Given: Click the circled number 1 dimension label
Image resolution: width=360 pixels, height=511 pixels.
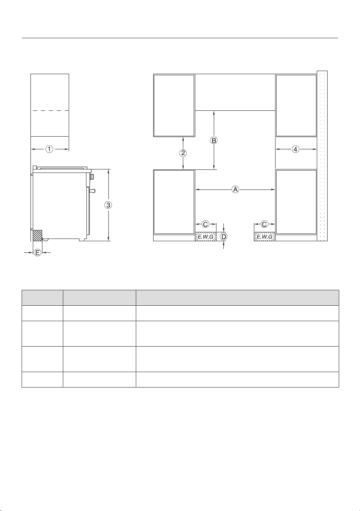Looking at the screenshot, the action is [49, 149].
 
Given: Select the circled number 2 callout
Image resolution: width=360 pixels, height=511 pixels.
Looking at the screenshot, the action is [183, 153].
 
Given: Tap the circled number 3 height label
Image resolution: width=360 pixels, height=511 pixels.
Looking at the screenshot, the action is [108, 205].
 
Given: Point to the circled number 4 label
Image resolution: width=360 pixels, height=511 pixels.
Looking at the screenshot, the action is [296, 149].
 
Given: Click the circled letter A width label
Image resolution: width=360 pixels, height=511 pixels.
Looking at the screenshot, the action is [235, 190].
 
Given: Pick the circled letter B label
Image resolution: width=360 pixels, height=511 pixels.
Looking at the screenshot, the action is [214, 140].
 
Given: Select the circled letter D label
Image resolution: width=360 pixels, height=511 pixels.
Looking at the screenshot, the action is [223, 237].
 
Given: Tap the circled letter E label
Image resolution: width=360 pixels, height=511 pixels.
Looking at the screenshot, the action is [37, 252].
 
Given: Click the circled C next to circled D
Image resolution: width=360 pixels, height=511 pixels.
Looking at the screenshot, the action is [205, 224].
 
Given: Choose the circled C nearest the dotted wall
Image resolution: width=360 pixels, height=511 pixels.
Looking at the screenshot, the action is [264, 224].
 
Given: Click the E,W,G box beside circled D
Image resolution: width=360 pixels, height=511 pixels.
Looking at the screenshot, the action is [206, 237].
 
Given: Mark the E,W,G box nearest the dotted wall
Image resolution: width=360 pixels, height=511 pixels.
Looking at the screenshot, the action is [265, 237].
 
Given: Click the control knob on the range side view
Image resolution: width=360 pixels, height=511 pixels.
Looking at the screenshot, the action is [92, 176].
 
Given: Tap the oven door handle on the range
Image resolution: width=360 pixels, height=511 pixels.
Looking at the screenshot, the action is [92, 191].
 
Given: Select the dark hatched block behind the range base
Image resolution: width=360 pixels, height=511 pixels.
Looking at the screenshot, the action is [38, 235].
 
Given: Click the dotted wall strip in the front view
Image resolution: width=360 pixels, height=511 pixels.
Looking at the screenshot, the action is [322, 156].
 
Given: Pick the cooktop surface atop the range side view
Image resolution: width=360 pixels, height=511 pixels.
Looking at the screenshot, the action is [62, 168].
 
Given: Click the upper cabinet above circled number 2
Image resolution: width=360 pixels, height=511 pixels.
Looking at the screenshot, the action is [174, 105].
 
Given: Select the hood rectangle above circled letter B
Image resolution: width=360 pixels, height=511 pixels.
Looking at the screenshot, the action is [235, 92].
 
